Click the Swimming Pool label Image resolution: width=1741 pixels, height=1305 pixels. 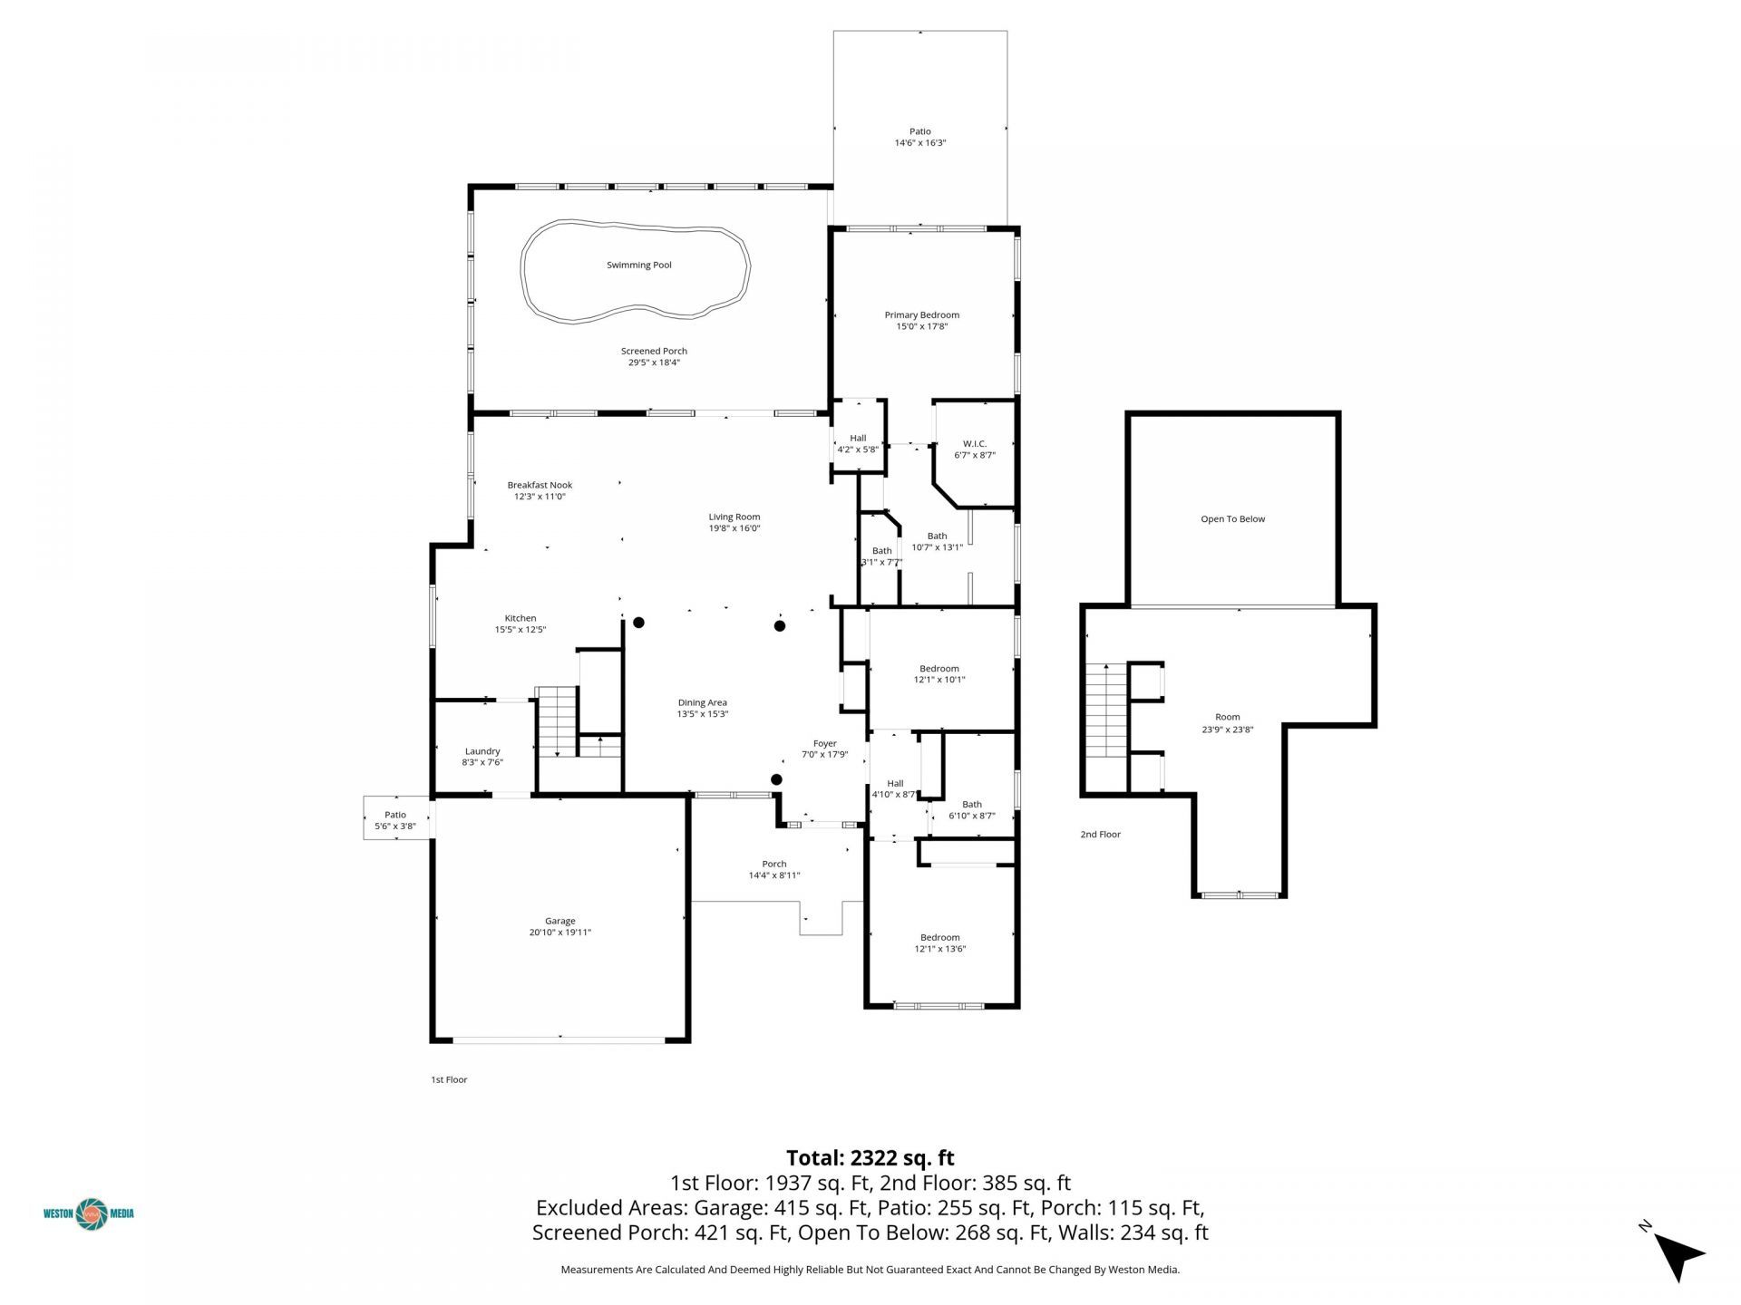point(639,266)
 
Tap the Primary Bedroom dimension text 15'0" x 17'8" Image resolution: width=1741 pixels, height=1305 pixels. point(921,327)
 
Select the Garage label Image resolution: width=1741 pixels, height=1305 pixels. point(560,921)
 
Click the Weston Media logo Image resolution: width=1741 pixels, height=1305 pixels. point(89,1213)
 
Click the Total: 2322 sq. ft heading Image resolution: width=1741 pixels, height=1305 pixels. point(870,1157)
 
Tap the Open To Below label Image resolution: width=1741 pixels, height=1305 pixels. point(1232,519)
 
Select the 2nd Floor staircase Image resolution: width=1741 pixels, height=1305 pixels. point(1105,711)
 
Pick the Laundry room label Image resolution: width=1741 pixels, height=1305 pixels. point(482,751)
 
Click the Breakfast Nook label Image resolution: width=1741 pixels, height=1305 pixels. point(540,485)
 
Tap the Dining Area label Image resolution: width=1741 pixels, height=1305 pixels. point(703,702)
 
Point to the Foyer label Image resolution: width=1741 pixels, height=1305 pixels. point(824,744)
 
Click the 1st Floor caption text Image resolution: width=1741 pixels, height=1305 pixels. point(449,1079)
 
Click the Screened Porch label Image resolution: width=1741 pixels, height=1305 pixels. point(654,351)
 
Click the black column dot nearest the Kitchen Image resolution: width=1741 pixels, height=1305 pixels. point(638,623)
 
